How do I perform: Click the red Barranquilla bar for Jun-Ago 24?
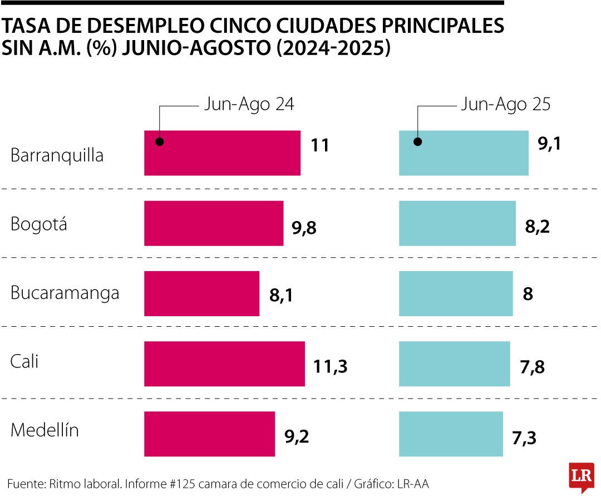(222, 153)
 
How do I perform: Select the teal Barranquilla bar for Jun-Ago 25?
(464, 153)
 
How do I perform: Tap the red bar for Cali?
(224, 364)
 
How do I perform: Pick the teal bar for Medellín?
(451, 434)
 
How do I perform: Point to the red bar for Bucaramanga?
(201, 293)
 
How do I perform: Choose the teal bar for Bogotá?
(457, 223)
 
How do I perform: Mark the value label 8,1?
(281, 296)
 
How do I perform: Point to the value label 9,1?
(549, 145)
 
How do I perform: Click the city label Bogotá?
(39, 224)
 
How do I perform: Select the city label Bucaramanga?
(65, 293)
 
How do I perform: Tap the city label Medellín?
(45, 430)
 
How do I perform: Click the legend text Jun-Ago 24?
(249, 105)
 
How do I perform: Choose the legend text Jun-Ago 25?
(505, 105)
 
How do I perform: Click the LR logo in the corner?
(581, 477)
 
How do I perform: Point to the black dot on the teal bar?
(417, 141)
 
